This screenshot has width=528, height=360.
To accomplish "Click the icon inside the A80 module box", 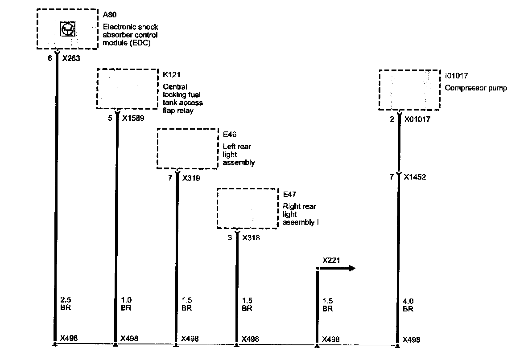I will pos(68,29).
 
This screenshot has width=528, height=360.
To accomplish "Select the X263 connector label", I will pos(71,58).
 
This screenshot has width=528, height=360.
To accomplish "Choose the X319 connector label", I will pos(191,178).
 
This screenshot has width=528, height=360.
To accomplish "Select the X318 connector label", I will pos(251,238).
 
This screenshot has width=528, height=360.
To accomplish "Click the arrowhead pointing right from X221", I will pos(352,268).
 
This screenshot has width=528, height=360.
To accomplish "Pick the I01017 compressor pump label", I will pos(457,76).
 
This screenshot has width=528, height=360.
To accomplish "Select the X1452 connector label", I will pos(415,177).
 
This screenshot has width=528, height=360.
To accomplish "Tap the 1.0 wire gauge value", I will pos(126,301).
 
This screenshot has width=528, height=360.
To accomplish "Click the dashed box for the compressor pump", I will pos(409,90).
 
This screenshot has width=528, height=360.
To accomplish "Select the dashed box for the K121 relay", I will pos(128,89).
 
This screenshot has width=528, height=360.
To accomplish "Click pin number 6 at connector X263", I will pos(50,58).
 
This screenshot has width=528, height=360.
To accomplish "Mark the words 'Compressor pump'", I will pos(476,88).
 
